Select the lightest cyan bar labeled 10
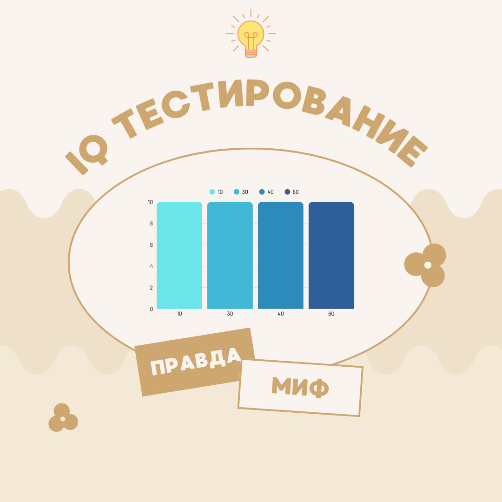tap(179, 256)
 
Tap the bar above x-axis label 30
tap(230, 256)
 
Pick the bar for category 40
tap(281, 256)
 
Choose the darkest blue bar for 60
tap(331, 256)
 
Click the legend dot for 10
tap(212, 192)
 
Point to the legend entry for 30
tap(241, 192)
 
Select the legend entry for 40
tap(266, 192)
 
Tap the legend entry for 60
tap(291, 192)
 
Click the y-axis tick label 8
tap(151, 224)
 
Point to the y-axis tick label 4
tap(151, 266)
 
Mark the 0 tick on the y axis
tap(151, 309)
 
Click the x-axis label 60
tap(331, 314)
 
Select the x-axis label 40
tap(281, 314)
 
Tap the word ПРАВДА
tap(195, 362)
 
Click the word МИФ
tap(300, 387)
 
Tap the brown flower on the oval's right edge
tap(426, 265)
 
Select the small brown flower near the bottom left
tap(63, 418)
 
